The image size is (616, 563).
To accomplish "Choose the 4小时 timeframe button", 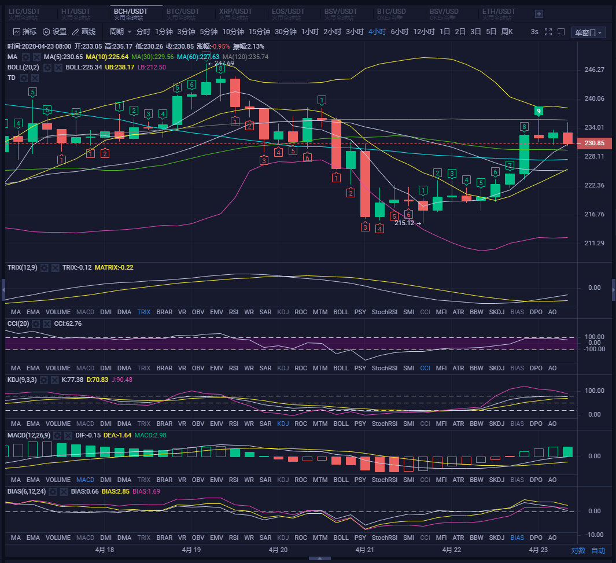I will point(377,32).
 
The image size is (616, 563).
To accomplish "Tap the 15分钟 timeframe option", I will point(260,32).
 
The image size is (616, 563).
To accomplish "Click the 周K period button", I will point(507,32).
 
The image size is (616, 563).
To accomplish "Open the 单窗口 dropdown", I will point(588,32).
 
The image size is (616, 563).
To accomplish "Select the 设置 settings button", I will point(55,32).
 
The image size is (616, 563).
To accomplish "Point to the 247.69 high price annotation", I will point(223,63).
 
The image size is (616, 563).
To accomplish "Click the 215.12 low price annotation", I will point(404,223).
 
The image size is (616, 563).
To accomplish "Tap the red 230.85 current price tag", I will point(595,143).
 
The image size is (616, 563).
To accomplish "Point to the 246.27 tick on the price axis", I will point(595,69).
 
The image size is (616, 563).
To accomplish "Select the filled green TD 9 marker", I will point(538,111).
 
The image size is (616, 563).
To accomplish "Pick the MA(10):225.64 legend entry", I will point(107,57).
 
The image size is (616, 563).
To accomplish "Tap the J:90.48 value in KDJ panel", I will point(121,380).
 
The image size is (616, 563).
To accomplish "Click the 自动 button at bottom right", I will point(598,550).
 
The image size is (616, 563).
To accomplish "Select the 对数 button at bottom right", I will point(578,550).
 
